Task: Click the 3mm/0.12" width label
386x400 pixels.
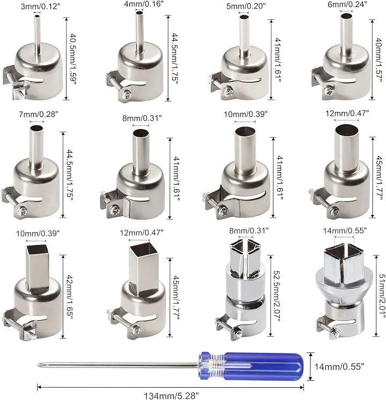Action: [40, 6]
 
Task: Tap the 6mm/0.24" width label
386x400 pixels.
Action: [347, 4]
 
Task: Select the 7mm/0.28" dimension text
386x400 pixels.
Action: [39, 114]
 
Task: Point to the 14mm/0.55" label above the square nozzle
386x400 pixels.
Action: [345, 231]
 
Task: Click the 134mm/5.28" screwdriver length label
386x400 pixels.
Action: [171, 396]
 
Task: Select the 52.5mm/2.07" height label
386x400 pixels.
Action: [277, 296]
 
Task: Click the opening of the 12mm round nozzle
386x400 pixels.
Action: [345, 130]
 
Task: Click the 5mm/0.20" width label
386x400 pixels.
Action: [246, 6]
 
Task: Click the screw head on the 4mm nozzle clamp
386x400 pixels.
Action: [127, 95]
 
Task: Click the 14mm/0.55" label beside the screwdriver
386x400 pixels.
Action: [339, 367]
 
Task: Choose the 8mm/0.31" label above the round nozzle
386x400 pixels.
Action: [142, 118]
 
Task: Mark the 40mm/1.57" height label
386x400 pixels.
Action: [379, 60]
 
